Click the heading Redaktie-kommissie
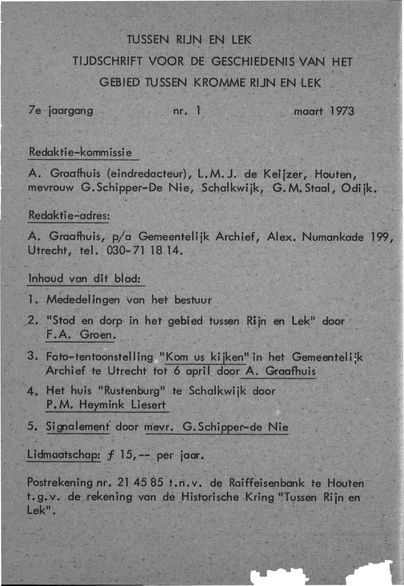tap(80, 152)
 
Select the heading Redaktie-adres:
tap(68, 215)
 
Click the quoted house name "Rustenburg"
tap(127, 391)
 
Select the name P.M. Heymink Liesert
tap(105, 405)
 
